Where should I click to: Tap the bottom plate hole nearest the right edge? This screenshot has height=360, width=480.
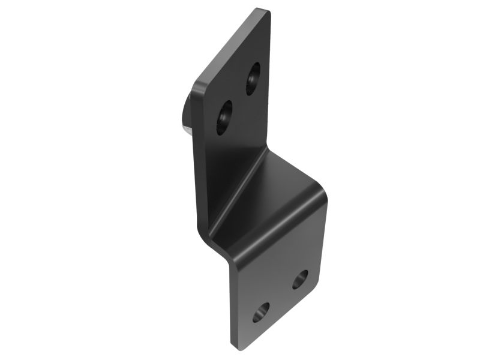(x=300, y=278)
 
